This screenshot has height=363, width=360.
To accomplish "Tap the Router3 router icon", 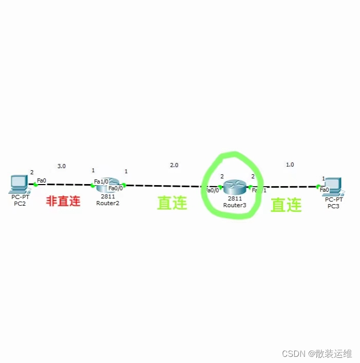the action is (x=235, y=188).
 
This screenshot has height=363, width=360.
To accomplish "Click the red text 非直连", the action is (x=64, y=201).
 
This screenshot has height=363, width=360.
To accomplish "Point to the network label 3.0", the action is (x=61, y=166).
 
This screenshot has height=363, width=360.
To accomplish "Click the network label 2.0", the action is (x=174, y=165).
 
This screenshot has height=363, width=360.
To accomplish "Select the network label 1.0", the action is (x=290, y=165).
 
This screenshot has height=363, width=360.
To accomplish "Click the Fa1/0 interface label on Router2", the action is (x=101, y=181).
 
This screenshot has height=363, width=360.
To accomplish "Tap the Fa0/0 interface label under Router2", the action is (x=115, y=188).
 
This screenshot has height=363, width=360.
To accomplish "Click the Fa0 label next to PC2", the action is (x=42, y=180).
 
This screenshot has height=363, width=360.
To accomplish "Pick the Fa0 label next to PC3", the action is (x=324, y=189).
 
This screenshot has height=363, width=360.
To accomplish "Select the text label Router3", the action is (x=235, y=205).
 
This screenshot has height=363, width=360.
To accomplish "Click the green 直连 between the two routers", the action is (x=172, y=203).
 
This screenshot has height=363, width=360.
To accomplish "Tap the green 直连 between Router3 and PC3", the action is (x=286, y=205).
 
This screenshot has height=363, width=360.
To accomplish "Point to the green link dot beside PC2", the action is (x=35, y=185).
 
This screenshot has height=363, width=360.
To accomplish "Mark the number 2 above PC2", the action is (x=31, y=172).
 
